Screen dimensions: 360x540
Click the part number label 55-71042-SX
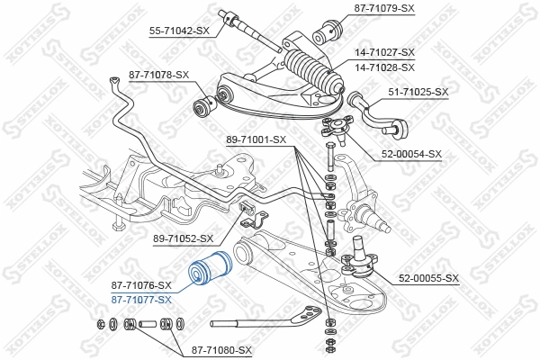click(x=178, y=31)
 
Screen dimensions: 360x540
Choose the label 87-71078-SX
click(x=159, y=75)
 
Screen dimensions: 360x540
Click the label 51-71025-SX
click(x=418, y=92)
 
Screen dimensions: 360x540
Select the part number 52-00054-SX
click(x=411, y=154)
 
